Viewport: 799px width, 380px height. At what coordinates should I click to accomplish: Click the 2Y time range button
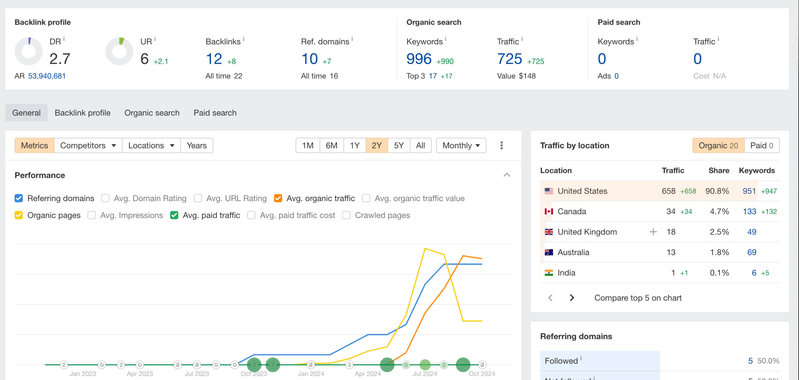pos(376,146)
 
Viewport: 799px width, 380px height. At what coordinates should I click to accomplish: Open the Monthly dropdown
pos(461,146)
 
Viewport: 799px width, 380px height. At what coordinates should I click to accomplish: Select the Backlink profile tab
pos(82,113)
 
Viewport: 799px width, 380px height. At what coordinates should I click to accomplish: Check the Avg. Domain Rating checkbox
pos(105,198)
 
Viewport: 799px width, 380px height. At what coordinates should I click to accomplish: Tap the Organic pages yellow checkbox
pos(19,215)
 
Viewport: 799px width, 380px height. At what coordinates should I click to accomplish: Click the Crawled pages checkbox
pos(346,215)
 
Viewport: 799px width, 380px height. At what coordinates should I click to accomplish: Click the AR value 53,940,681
pos(47,76)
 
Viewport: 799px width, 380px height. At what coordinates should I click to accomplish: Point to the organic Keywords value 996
pos(419,59)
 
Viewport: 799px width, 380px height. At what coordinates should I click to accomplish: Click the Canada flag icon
pos(549,211)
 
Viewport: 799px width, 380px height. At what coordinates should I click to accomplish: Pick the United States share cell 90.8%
pos(717,191)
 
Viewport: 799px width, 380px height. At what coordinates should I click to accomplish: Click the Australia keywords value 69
pos(752,252)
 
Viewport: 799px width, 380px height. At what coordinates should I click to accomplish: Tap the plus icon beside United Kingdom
pos(653,232)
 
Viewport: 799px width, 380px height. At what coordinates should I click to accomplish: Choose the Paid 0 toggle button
pos(762,146)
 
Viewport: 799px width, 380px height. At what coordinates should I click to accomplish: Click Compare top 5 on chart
pos(638,298)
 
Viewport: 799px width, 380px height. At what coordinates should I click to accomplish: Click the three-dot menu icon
pos(502,146)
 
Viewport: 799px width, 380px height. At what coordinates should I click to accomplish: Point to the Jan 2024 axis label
pos(311,374)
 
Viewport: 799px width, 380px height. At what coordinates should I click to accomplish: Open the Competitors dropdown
pos(88,146)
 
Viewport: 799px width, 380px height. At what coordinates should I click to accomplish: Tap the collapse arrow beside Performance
pos(507,175)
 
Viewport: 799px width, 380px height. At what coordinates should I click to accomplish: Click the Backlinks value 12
pos(214,59)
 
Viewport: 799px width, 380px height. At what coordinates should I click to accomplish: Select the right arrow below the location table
pos(572,298)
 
